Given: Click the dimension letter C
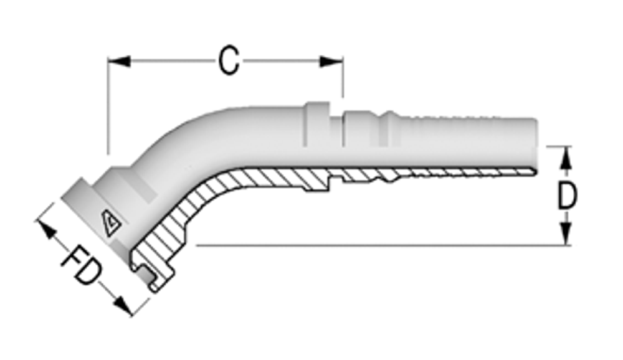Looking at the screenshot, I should pos(229,62).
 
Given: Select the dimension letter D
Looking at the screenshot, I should pos(566,196).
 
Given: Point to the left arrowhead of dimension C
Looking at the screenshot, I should pos(118,61).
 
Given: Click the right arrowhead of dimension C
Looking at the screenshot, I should pos(331,61).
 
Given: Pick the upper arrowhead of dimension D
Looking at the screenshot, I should pos(565,158).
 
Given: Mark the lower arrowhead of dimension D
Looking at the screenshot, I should pos(565,235).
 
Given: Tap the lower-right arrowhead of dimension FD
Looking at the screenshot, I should pos(124,306).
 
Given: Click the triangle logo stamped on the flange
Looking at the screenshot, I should pos(113,222).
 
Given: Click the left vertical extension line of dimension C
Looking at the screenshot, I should pos(108,106).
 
